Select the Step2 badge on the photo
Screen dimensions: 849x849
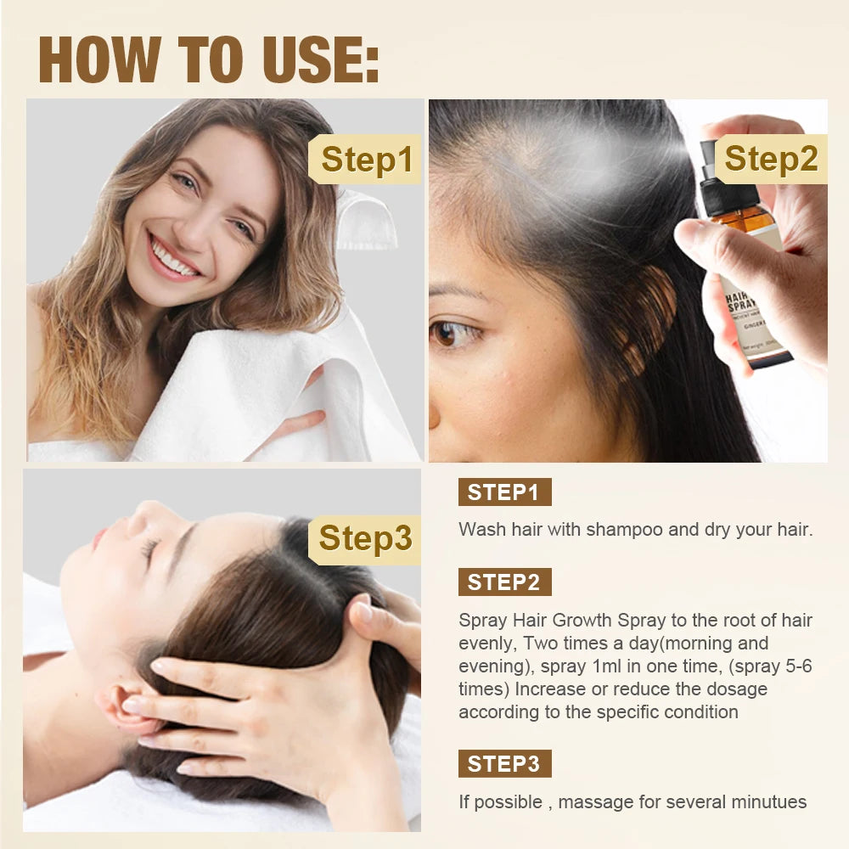pos(771,159)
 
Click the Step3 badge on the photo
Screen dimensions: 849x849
pos(366,538)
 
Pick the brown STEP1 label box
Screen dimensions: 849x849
pos(504,492)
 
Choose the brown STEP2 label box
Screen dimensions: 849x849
pos(504,582)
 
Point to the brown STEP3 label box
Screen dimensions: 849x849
pos(504,764)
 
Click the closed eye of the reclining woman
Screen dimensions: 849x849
pos(150,550)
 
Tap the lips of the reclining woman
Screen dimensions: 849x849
pos(99,538)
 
